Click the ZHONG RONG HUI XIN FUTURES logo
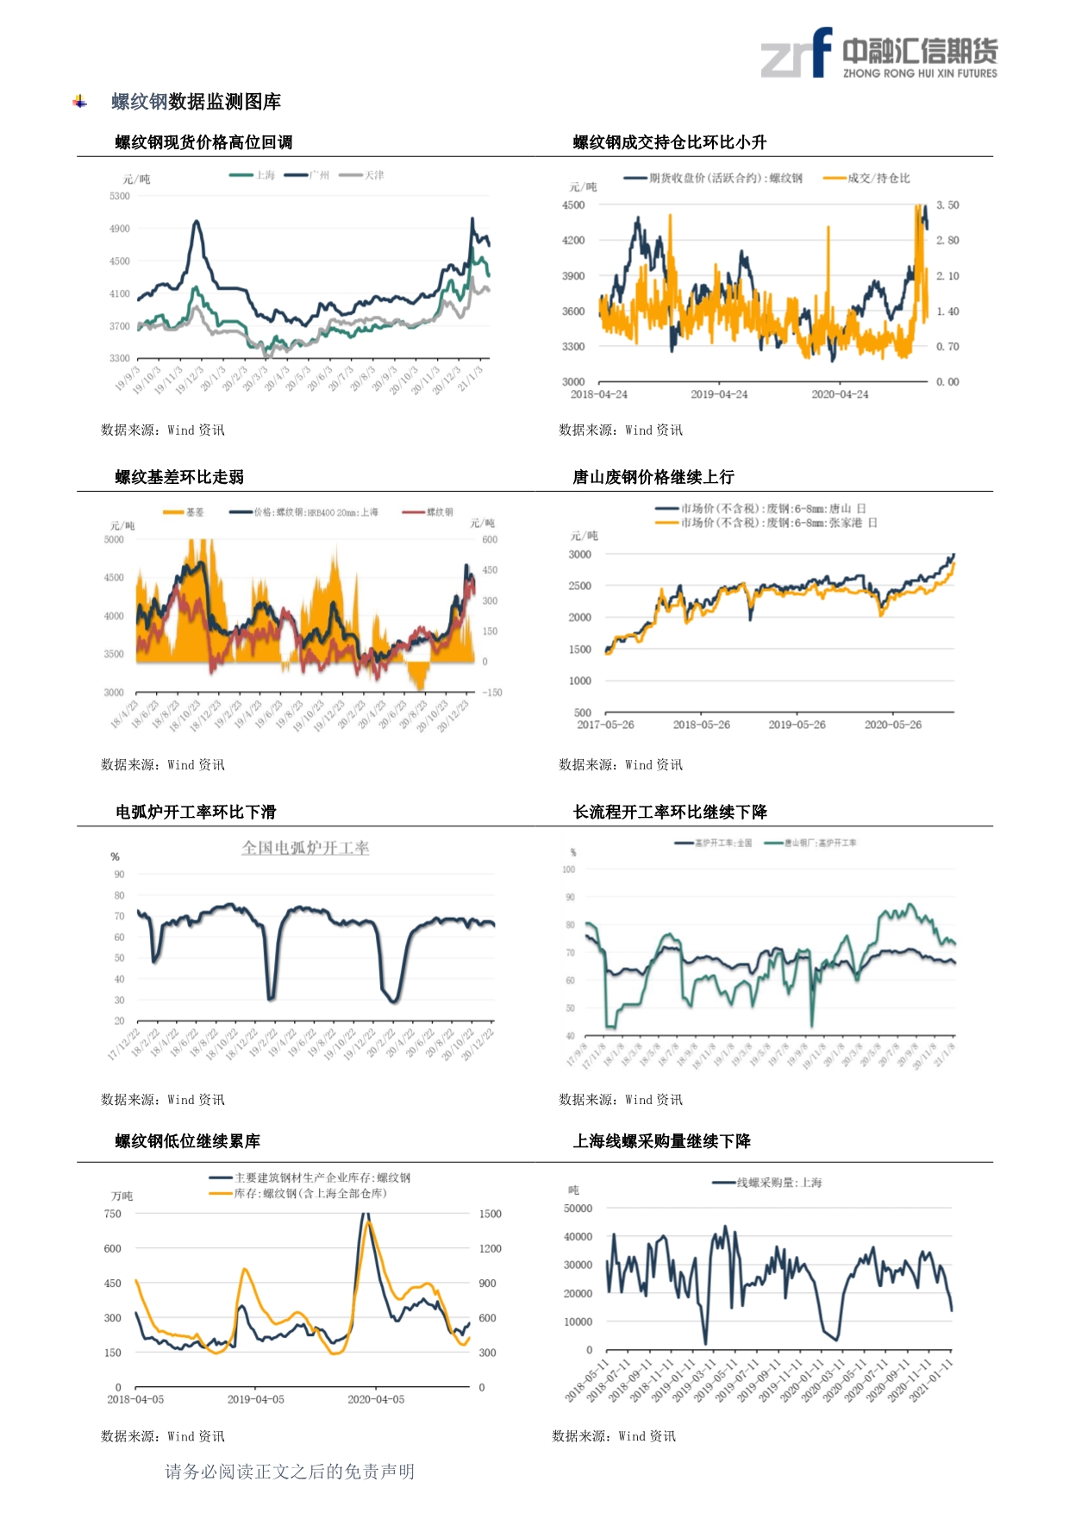878,53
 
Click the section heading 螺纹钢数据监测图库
196,102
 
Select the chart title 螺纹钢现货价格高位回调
203,142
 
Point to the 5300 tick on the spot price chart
120,196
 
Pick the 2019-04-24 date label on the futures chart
719,394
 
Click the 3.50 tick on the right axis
947,205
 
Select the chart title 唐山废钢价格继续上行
653,477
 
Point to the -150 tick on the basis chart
491,693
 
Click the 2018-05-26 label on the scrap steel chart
701,725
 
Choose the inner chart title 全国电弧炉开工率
305,848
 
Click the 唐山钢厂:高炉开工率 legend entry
820,843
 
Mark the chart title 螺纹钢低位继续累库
188,1141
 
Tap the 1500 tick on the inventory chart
490,1214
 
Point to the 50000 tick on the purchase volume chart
578,1209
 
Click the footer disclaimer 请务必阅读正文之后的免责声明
290,1472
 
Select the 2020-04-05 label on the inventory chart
376,1399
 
